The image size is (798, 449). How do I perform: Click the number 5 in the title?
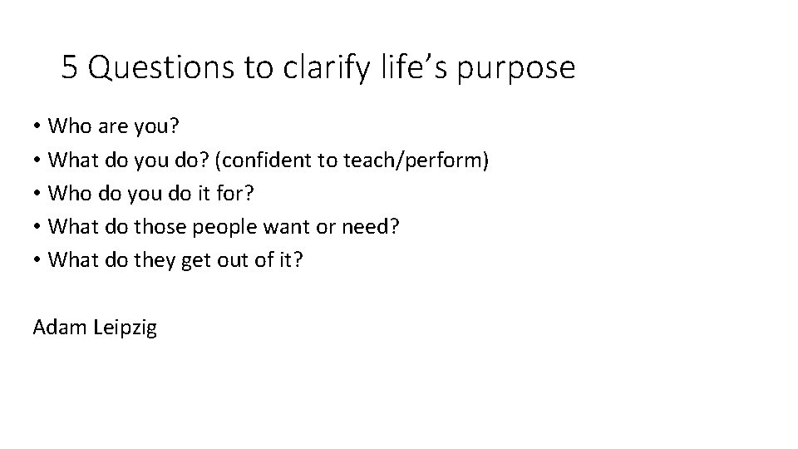click(70, 68)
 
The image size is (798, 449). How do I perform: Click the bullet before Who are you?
click(38, 126)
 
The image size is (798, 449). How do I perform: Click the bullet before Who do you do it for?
click(38, 193)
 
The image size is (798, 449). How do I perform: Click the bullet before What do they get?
click(38, 260)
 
